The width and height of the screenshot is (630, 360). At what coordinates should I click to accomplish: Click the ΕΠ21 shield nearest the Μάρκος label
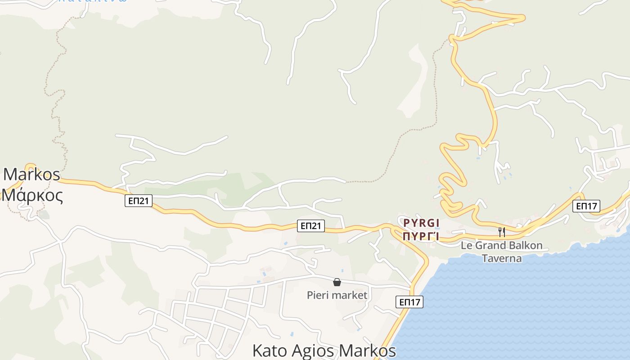pos(139,201)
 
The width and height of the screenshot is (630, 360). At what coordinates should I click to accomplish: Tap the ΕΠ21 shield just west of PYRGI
pos(311,225)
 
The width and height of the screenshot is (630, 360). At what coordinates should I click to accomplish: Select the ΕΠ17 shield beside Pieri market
pos(410,301)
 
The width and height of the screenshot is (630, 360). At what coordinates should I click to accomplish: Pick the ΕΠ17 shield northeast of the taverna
pos(586,206)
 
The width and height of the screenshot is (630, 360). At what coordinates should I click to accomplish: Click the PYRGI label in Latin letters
pos(421,223)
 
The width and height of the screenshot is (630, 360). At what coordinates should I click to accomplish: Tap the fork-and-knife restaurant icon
pos(502,232)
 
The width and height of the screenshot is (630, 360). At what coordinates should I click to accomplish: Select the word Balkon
pos(527,246)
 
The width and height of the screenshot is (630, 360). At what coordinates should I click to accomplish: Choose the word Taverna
pos(502,258)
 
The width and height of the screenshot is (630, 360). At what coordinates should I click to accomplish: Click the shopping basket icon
pos(337,282)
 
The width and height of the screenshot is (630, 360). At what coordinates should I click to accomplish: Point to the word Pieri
pos(317,295)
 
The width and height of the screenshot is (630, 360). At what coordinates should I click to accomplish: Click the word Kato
pos(269,351)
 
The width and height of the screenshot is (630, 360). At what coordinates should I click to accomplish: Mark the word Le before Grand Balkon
pos(467,246)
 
